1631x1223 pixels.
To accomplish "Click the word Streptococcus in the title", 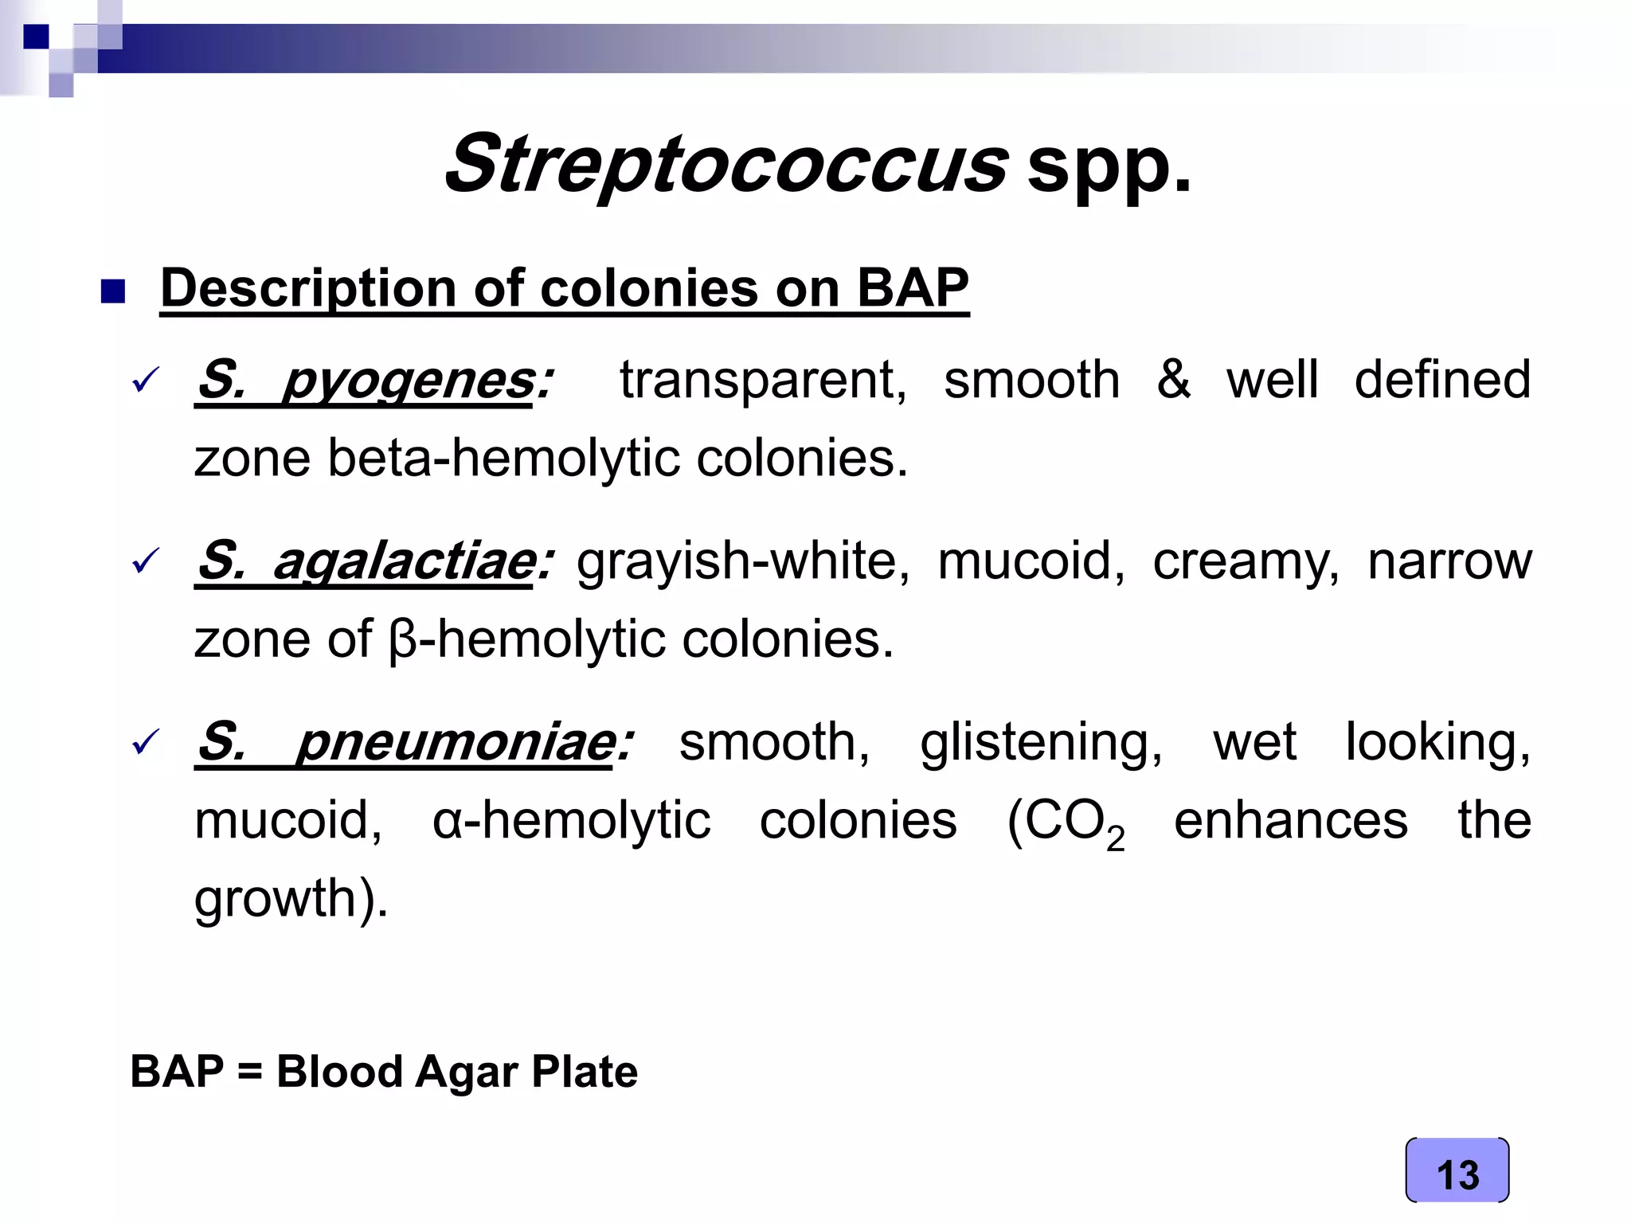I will pyautogui.click(x=726, y=165).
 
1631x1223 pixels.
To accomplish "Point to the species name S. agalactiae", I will pyautogui.click(x=374, y=561).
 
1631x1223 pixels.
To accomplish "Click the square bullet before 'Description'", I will pyautogui.click(x=113, y=291).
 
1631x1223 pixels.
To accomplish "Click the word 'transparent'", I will pyautogui.click(x=762, y=380).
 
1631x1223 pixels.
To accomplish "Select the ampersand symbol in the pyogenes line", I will pyautogui.click(x=1173, y=380).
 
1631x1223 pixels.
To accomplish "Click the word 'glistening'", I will pyautogui.click(x=1041, y=742).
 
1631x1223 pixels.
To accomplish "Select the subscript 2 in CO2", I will pyautogui.click(x=1115, y=838).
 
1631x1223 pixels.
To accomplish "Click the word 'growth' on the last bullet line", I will pyautogui.click(x=274, y=898).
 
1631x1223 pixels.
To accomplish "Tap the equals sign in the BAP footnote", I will pyautogui.click(x=249, y=1072).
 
